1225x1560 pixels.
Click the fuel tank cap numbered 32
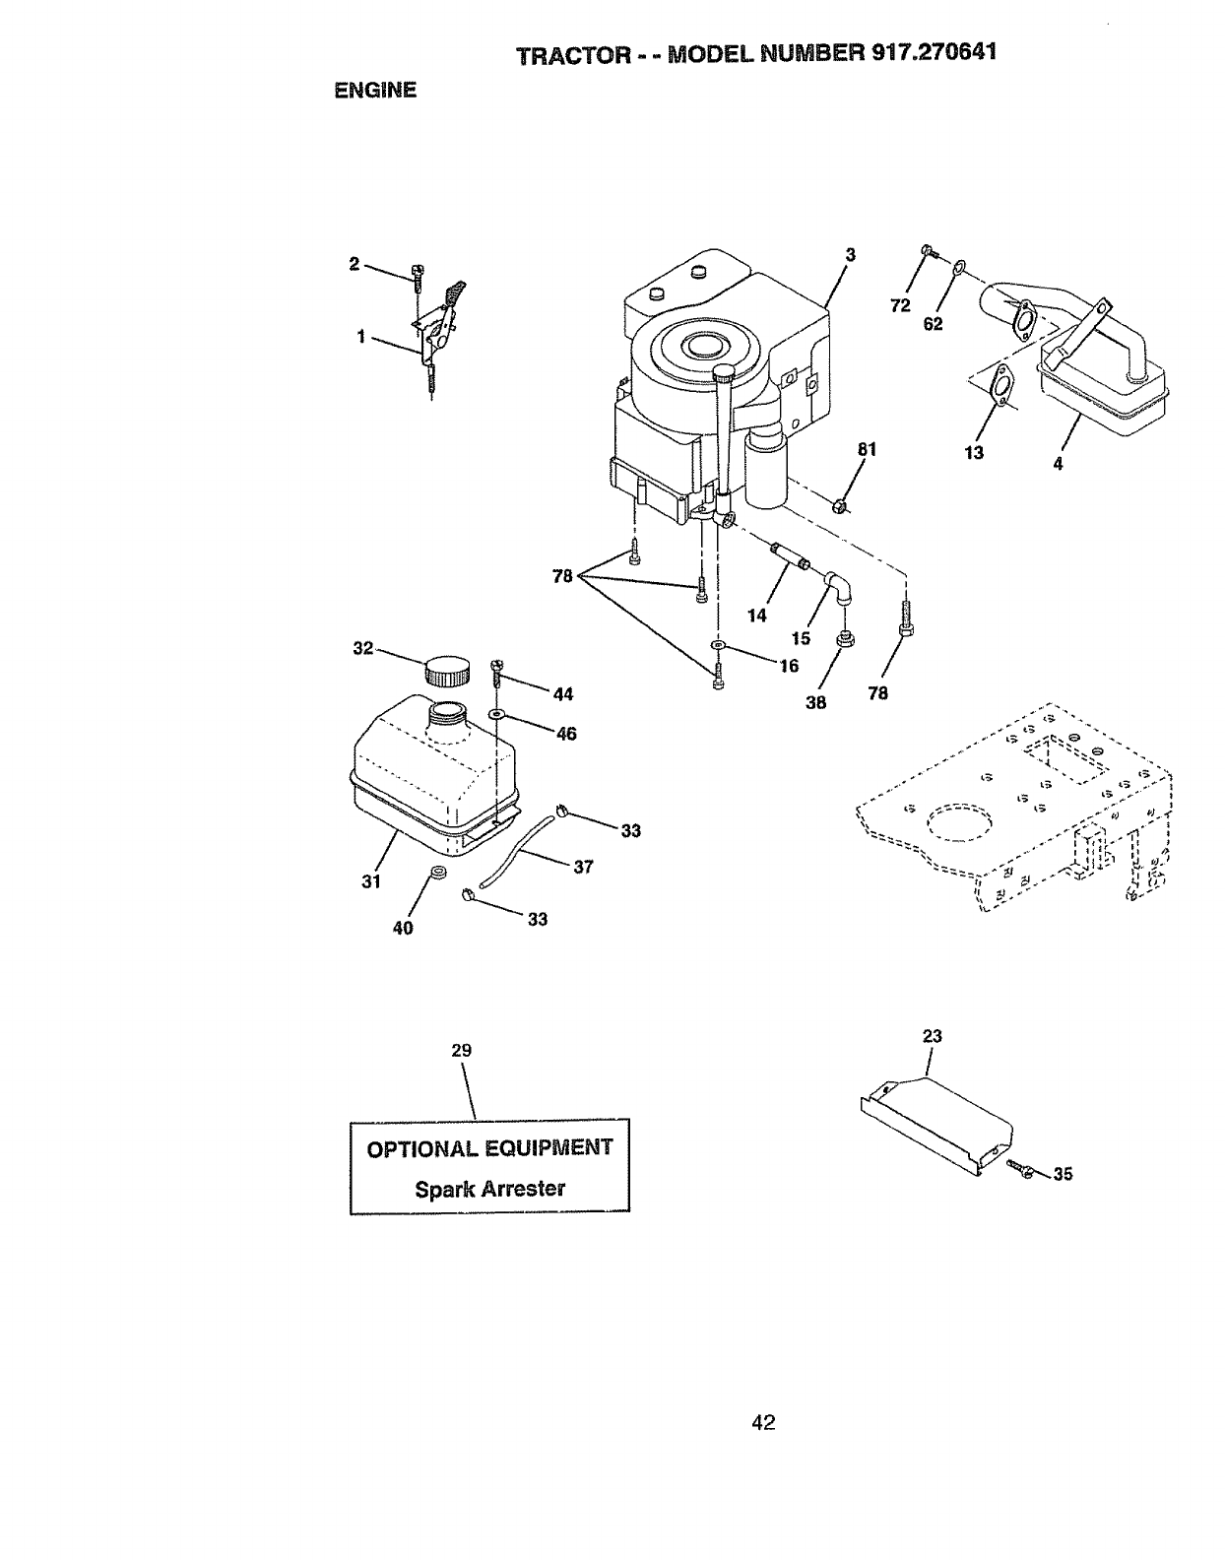tap(447, 673)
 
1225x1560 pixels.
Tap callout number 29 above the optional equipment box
tap(461, 1051)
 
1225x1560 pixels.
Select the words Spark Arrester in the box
tap(489, 1189)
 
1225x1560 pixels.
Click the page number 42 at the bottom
tap(763, 1422)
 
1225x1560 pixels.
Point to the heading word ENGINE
tap(375, 91)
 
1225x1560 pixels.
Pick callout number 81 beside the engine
tap(867, 450)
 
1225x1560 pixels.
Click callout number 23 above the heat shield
tap(933, 1036)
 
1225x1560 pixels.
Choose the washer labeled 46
tap(495, 712)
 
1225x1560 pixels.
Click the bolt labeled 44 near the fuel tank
tap(495, 673)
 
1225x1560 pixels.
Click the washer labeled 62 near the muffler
tap(960, 266)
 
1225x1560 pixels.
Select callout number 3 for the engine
tap(850, 255)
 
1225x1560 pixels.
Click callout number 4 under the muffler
tap(1058, 465)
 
